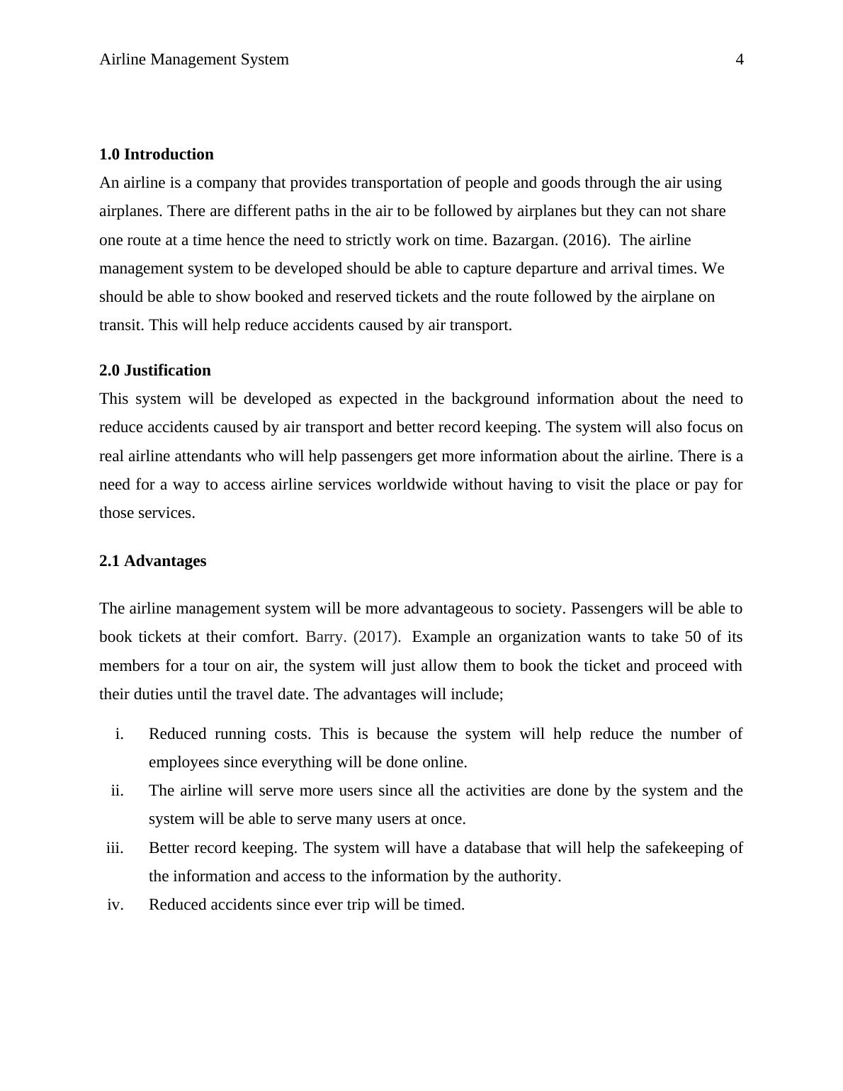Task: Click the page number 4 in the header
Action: [x=740, y=60]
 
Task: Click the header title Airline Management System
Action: [x=194, y=60]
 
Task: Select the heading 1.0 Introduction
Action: [x=157, y=154]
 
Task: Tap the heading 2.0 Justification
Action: [x=155, y=371]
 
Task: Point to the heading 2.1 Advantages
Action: [x=153, y=561]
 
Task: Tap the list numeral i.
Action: [x=119, y=734]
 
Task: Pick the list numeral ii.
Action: [x=117, y=791]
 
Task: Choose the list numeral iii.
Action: [x=115, y=848]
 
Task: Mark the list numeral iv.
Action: [x=115, y=905]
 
